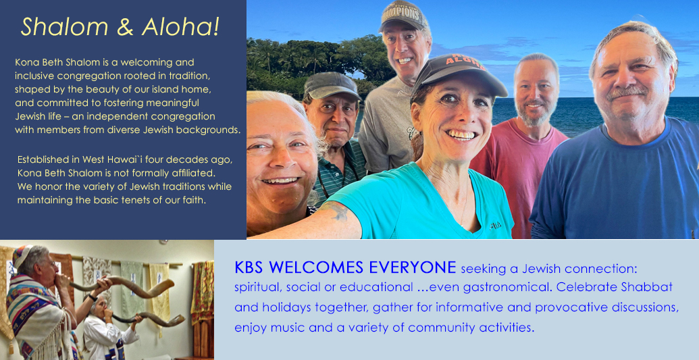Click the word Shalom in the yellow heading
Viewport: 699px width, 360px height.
(x=64, y=27)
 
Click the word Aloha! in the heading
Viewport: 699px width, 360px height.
(x=180, y=27)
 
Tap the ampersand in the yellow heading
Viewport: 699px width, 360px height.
(x=125, y=27)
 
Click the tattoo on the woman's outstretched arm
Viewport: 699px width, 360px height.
(x=336, y=210)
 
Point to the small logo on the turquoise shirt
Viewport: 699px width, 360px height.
(x=495, y=226)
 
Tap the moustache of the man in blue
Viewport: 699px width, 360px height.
(x=626, y=92)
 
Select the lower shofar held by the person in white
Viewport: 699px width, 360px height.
(x=149, y=319)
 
